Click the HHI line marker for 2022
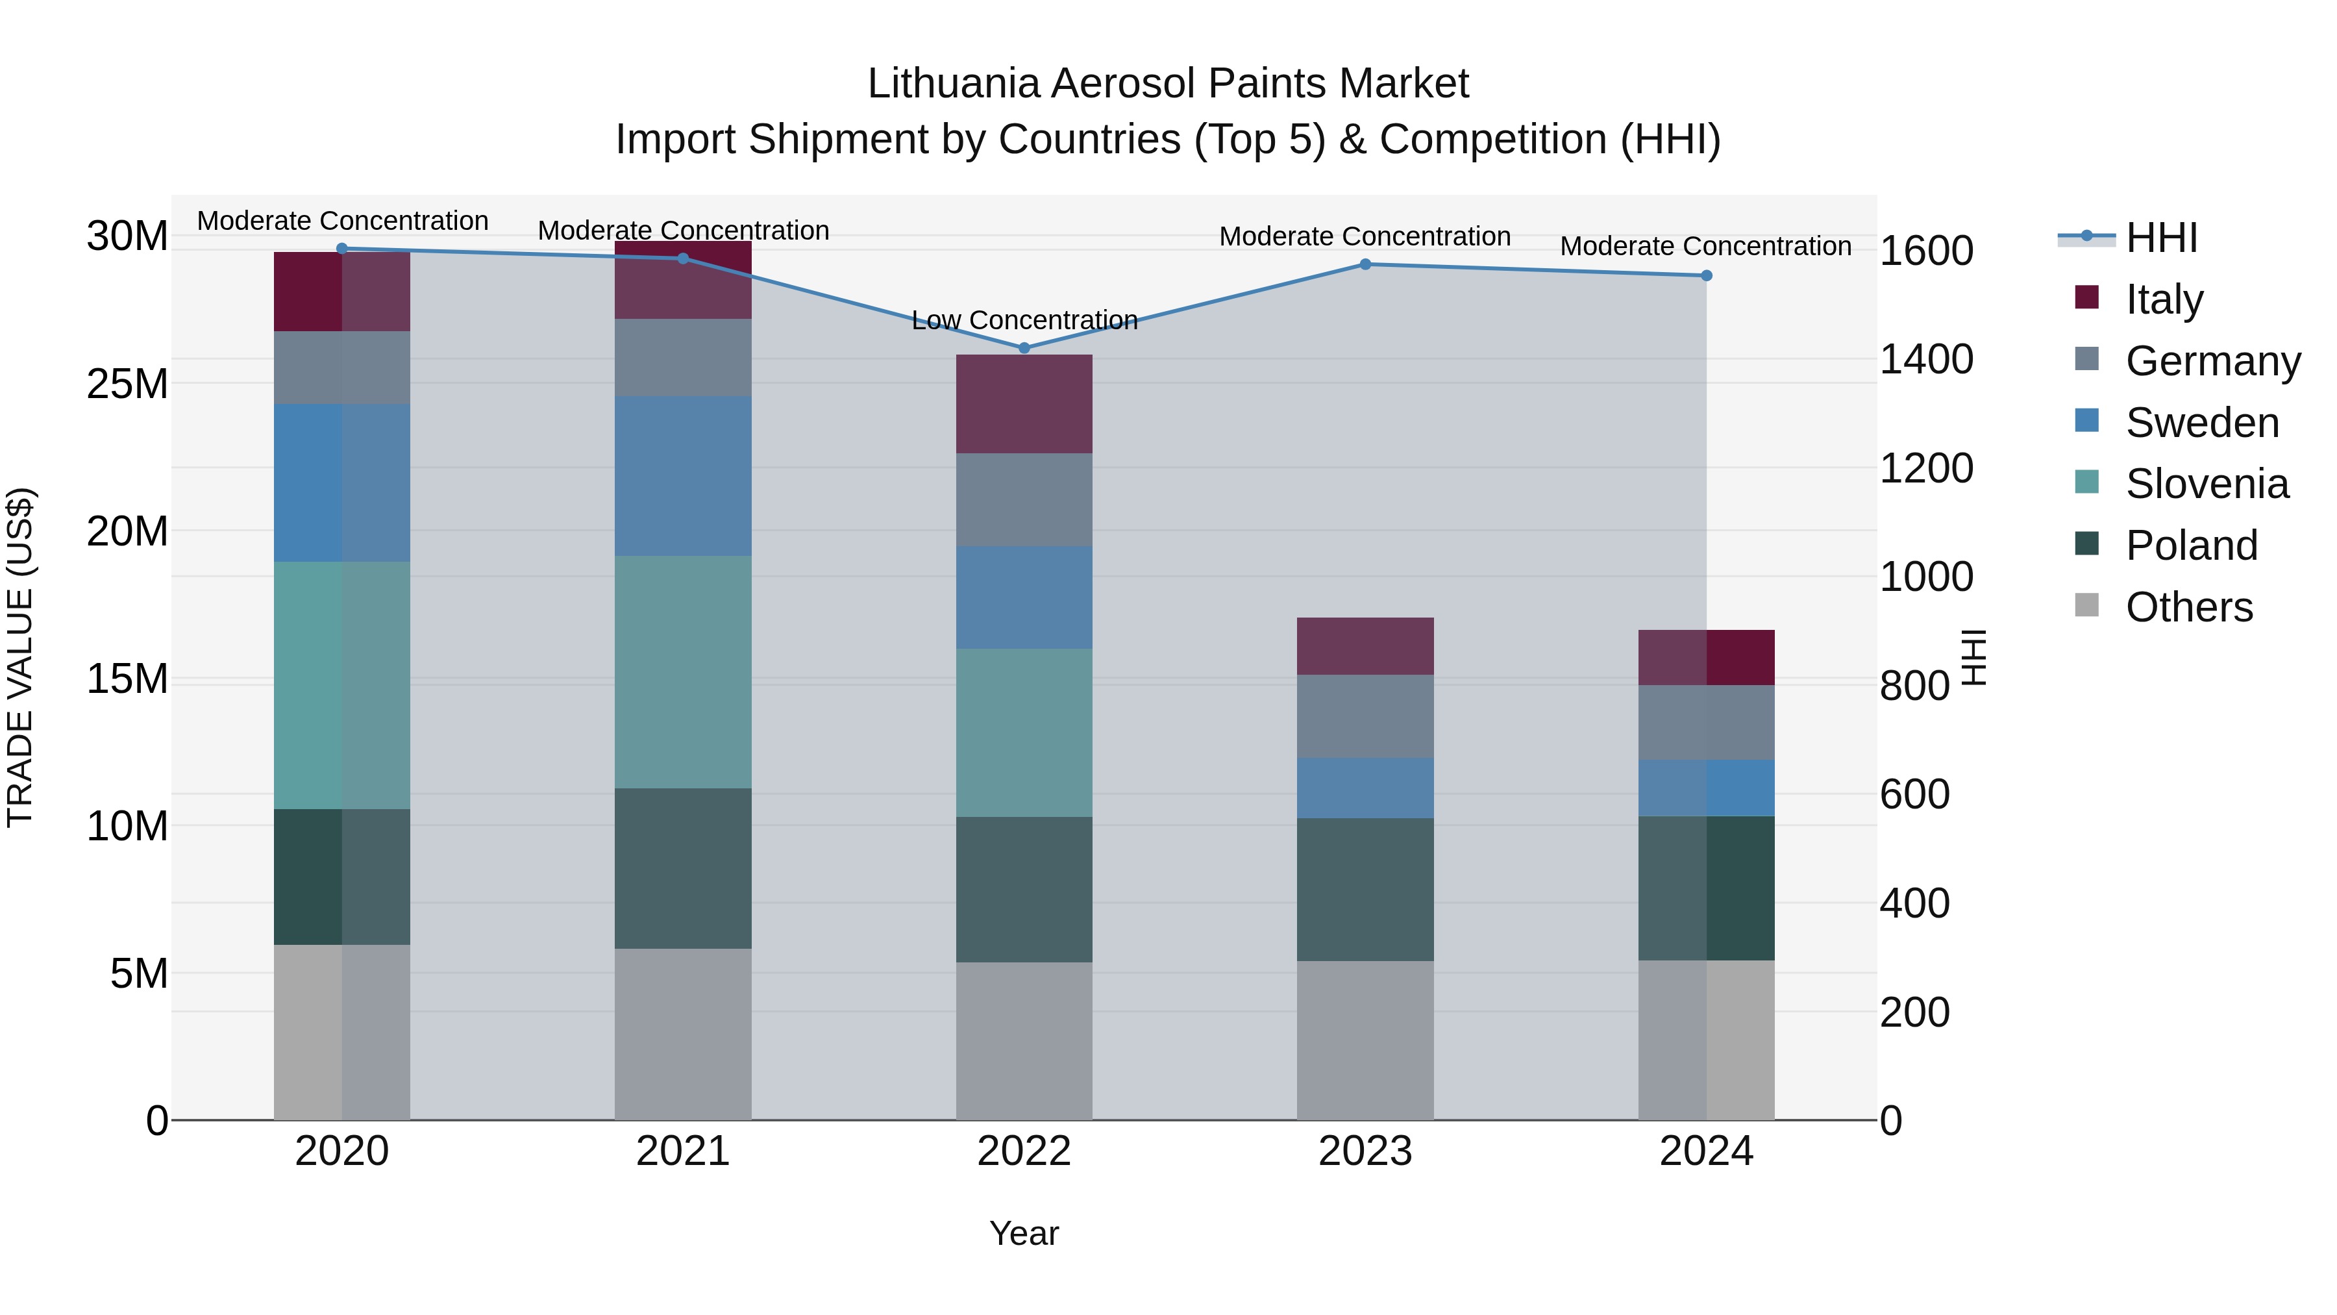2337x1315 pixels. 1024,347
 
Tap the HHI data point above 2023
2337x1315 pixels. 1365,264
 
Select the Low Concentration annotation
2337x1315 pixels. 1024,320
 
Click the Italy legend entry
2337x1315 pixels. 2164,299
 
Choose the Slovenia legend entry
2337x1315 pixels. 2207,484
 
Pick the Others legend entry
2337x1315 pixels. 2188,607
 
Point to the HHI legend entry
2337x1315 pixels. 2161,238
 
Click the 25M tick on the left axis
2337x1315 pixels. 127,384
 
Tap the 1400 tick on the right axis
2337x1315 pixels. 1925,359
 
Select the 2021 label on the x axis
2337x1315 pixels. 683,1151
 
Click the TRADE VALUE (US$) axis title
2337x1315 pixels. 20,657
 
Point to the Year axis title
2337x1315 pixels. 1024,1233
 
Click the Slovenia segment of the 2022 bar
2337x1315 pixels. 1024,733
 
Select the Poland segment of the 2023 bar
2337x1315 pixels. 1365,890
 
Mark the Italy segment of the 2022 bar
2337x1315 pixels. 1024,404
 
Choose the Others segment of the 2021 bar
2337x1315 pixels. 683,1034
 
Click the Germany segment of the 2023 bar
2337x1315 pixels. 1365,716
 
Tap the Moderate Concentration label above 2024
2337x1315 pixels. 1705,246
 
